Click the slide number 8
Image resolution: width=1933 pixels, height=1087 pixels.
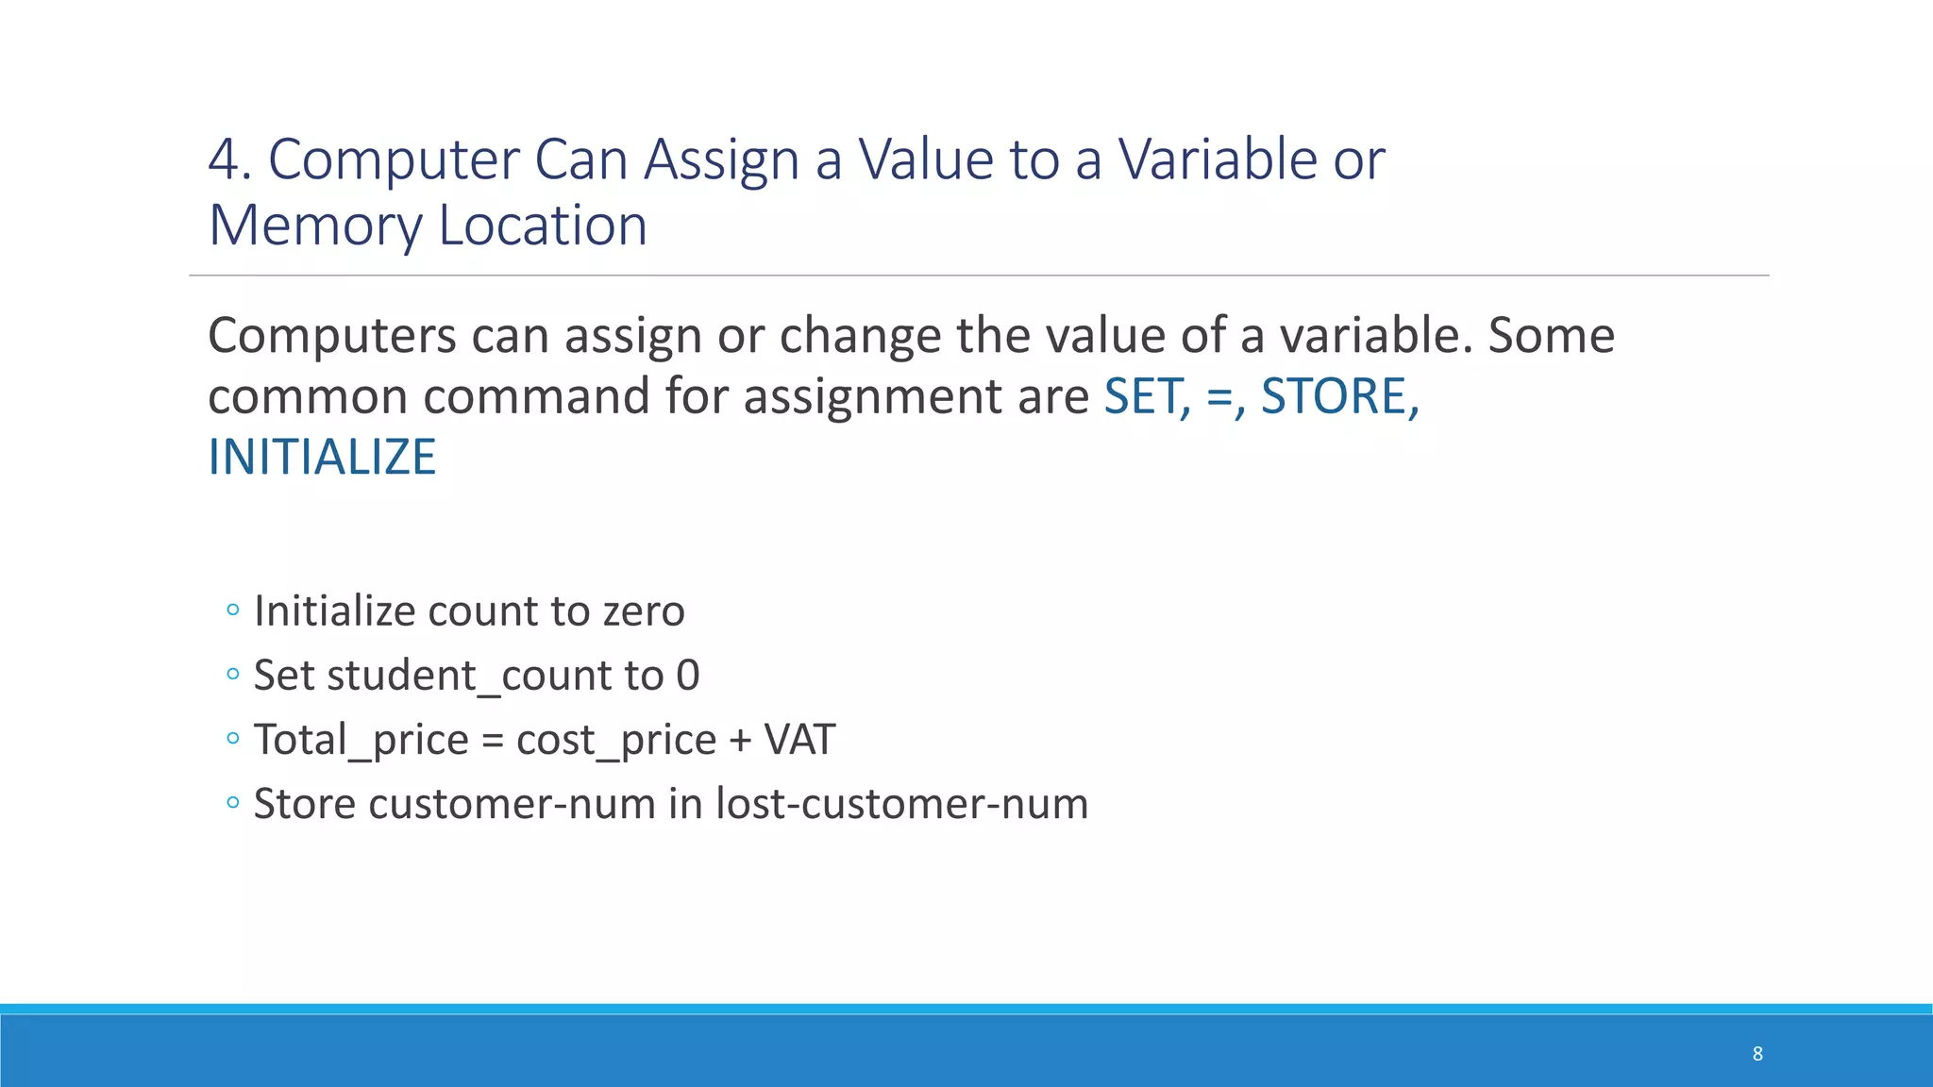coord(1757,1054)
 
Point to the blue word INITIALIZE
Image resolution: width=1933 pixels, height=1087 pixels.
coord(322,458)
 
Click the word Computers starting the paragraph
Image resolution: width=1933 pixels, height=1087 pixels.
coord(332,336)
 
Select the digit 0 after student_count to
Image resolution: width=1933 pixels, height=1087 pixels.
coord(688,676)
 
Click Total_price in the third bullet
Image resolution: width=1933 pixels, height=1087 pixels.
coord(361,740)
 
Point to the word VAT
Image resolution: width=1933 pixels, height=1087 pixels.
coord(799,740)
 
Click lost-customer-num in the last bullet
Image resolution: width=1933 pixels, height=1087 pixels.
coord(901,804)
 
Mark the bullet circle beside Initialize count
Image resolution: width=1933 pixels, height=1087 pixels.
coord(233,610)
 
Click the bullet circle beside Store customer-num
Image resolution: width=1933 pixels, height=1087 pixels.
coord(233,803)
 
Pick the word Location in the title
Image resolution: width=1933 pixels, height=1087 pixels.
coord(543,226)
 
